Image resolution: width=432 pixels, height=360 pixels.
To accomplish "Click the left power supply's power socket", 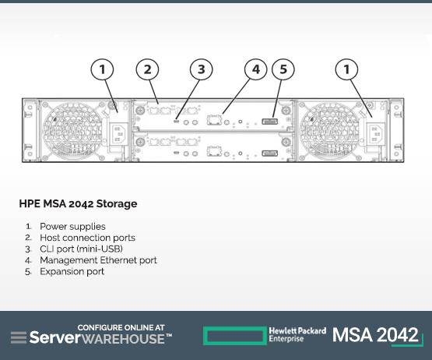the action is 118,134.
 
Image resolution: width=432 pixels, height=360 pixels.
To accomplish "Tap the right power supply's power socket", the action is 375,134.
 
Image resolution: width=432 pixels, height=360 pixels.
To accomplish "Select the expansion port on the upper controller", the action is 270,121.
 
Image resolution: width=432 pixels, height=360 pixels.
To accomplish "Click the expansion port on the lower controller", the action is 270,153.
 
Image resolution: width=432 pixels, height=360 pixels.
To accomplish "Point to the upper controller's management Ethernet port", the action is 214,120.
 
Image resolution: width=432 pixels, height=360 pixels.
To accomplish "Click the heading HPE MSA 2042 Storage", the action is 79,204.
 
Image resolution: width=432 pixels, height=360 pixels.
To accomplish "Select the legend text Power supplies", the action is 72,227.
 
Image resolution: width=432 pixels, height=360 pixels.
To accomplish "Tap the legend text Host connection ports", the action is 88,238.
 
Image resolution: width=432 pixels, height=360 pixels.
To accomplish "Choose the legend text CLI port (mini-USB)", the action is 81,249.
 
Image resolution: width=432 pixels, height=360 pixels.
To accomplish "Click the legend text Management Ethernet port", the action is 98,260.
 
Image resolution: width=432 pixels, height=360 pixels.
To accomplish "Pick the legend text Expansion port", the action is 72,272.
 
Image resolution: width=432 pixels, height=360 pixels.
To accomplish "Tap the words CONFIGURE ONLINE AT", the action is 121,328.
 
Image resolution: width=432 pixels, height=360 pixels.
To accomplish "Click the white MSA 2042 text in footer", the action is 375,335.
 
